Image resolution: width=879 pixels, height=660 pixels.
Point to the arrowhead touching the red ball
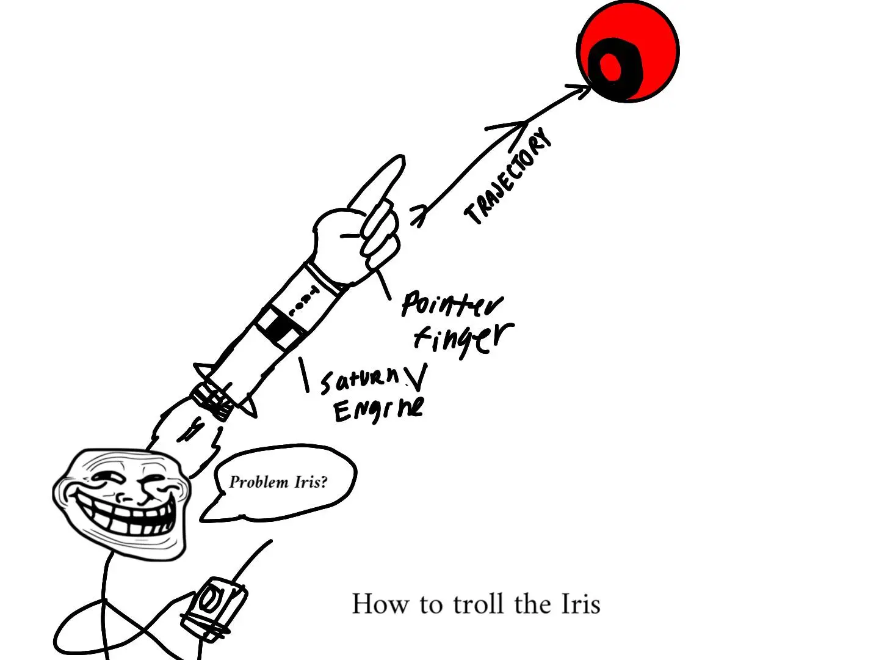pos(580,91)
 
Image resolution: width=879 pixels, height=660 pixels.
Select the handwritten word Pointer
pos(452,303)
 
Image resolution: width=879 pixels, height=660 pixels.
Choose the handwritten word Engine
pos(378,409)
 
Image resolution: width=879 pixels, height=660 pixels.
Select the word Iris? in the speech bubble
pos(311,482)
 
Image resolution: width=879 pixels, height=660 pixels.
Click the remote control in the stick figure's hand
pos(213,608)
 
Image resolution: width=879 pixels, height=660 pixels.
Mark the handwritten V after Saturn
pos(416,378)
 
